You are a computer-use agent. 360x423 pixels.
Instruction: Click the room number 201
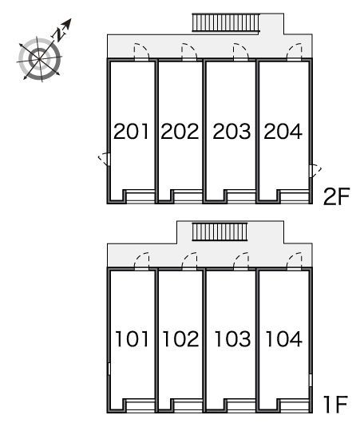point(131,132)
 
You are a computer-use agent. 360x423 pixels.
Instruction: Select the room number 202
point(180,132)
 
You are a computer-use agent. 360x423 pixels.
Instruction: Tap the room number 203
point(231,132)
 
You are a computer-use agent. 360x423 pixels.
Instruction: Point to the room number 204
point(283,132)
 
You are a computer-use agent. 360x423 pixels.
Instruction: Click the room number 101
point(132,339)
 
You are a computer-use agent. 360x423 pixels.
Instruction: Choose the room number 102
point(181,339)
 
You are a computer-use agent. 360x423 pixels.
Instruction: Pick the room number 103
point(232,339)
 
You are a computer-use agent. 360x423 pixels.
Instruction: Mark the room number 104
point(283,339)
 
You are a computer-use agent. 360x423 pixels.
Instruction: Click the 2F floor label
point(336,196)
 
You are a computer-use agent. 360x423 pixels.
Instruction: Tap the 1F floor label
point(336,404)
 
